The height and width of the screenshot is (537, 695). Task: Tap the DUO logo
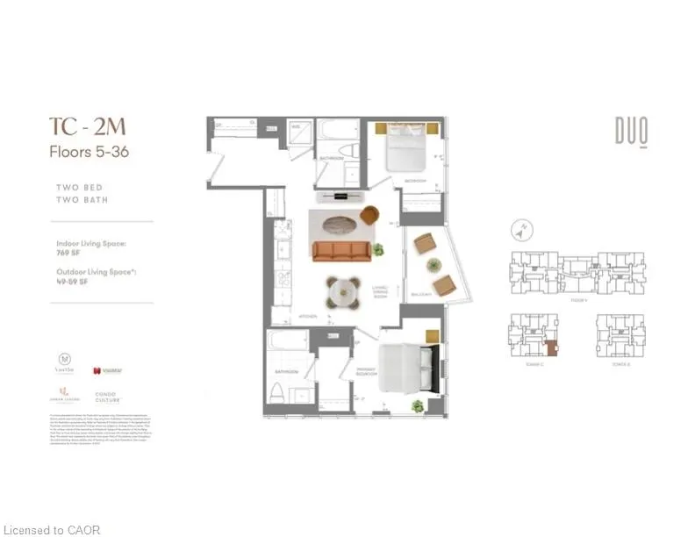click(x=631, y=132)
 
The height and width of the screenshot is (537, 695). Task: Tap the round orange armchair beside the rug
click(x=369, y=214)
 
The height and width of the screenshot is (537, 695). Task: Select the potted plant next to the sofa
click(x=378, y=249)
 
